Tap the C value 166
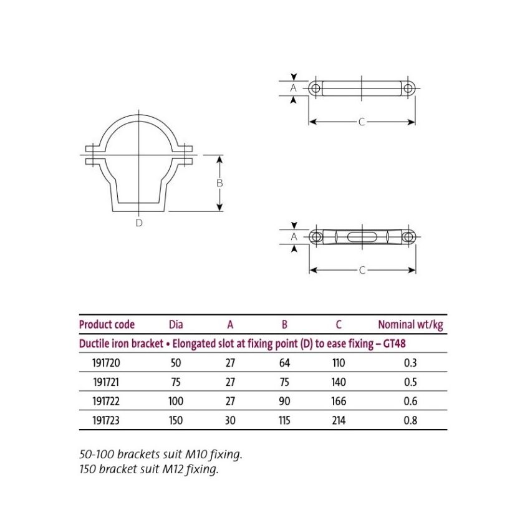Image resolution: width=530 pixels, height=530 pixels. pyautogui.click(x=338, y=402)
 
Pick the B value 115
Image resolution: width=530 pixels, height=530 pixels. pyautogui.click(x=284, y=420)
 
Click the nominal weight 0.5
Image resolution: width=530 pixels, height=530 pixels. pyautogui.click(x=410, y=382)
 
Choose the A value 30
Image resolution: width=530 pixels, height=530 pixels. pyautogui.click(x=230, y=420)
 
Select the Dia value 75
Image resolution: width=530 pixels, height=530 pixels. pyautogui.click(x=176, y=382)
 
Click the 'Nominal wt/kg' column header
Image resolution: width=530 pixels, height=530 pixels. pyautogui.click(x=410, y=324)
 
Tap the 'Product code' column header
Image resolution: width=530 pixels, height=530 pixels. pyautogui.click(x=107, y=324)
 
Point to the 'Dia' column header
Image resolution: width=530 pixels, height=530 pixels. pyautogui.click(x=176, y=324)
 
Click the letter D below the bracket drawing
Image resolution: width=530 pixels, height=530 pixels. pyautogui.click(x=139, y=223)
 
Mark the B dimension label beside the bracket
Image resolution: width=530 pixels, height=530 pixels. pyautogui.click(x=219, y=183)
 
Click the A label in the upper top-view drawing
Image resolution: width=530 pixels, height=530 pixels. pyautogui.click(x=294, y=88)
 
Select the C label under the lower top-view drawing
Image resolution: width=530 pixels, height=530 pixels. pyautogui.click(x=362, y=270)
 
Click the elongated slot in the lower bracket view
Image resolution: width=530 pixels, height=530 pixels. pyautogui.click(x=362, y=237)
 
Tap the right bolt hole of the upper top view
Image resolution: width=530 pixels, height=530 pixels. pyautogui.click(x=408, y=88)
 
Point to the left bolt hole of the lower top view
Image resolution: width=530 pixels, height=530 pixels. pyautogui.click(x=316, y=237)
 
